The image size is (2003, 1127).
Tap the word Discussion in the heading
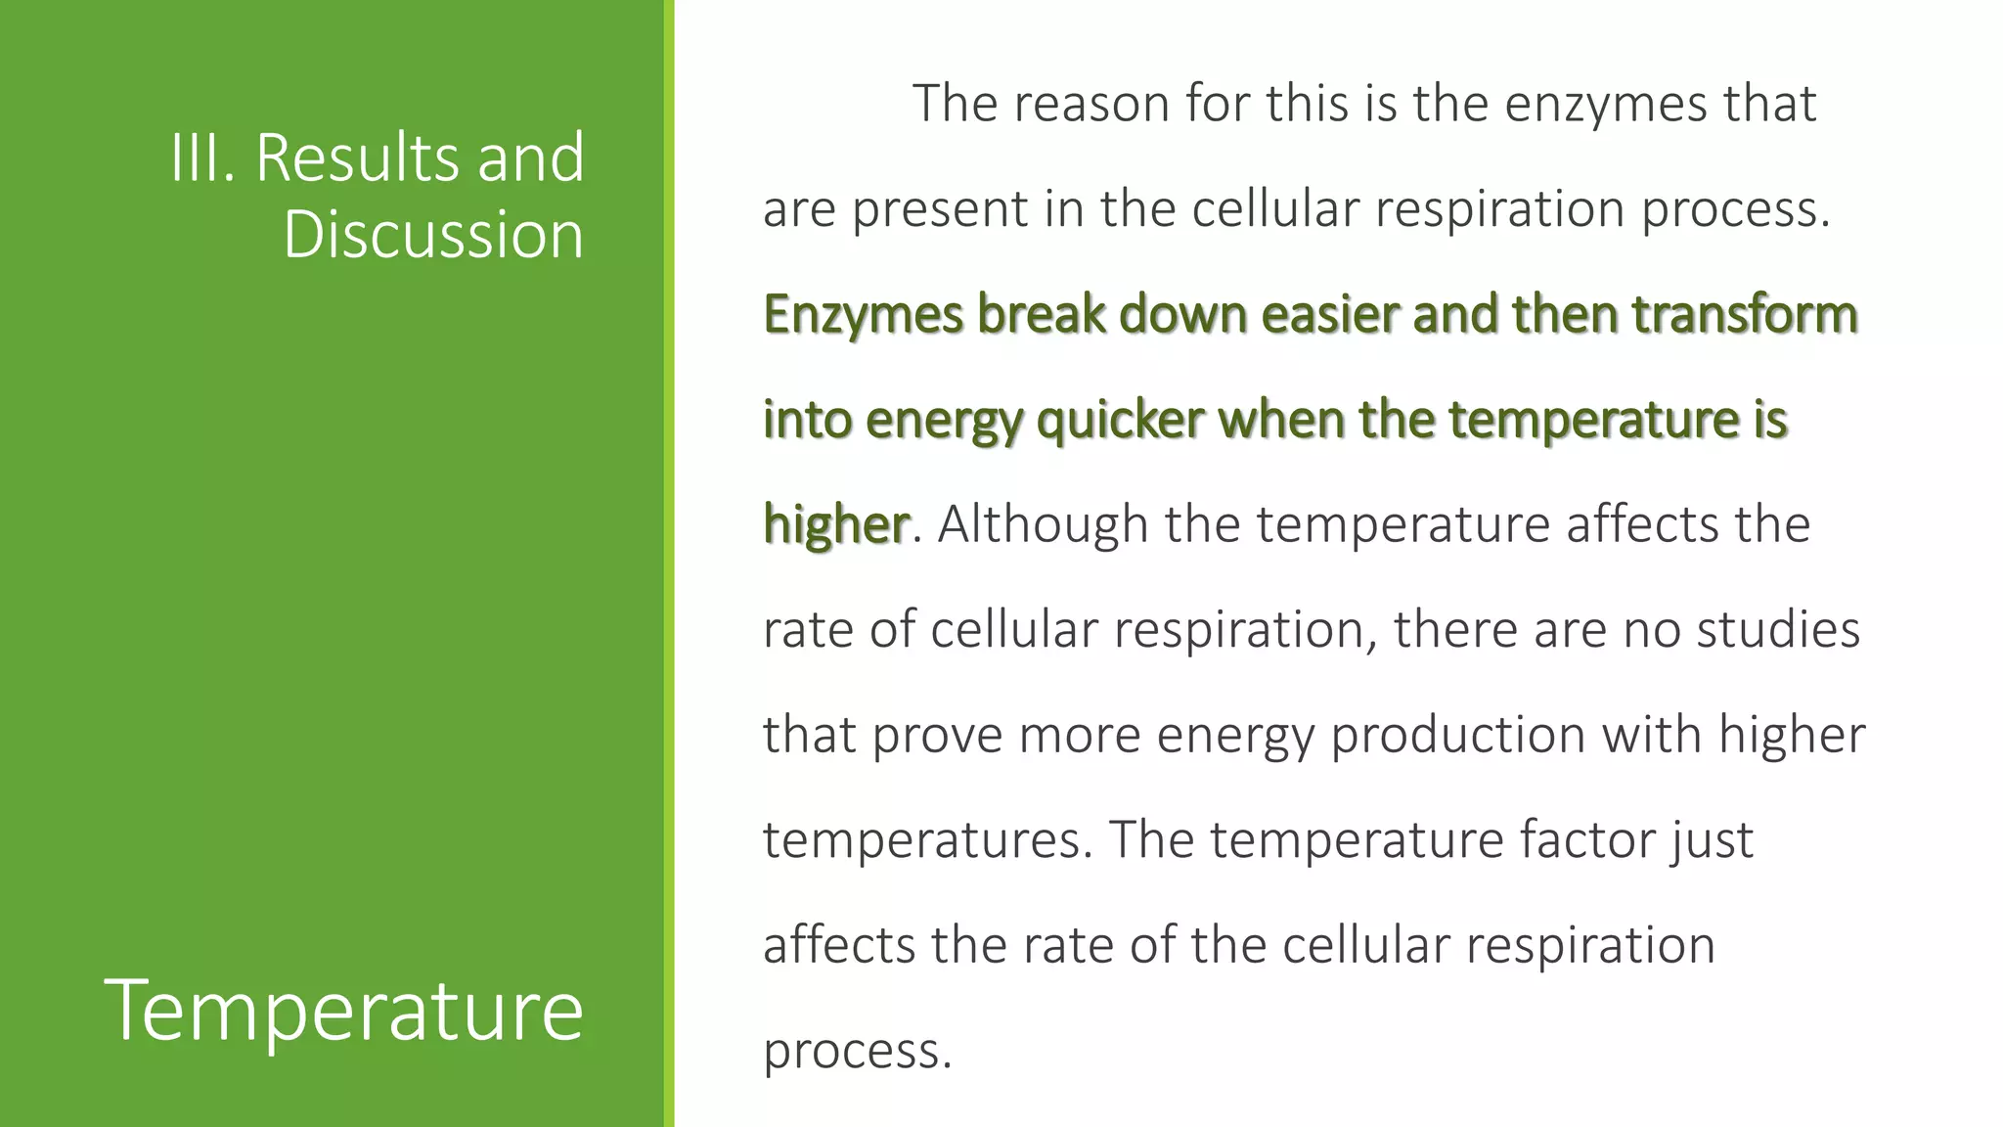coord(433,235)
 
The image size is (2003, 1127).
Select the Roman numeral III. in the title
coord(203,158)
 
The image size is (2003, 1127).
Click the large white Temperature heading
coord(344,1010)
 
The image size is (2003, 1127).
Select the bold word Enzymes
coord(863,316)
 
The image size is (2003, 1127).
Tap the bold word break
coord(1041,314)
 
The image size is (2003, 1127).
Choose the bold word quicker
coord(1120,421)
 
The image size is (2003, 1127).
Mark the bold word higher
coord(836,525)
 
